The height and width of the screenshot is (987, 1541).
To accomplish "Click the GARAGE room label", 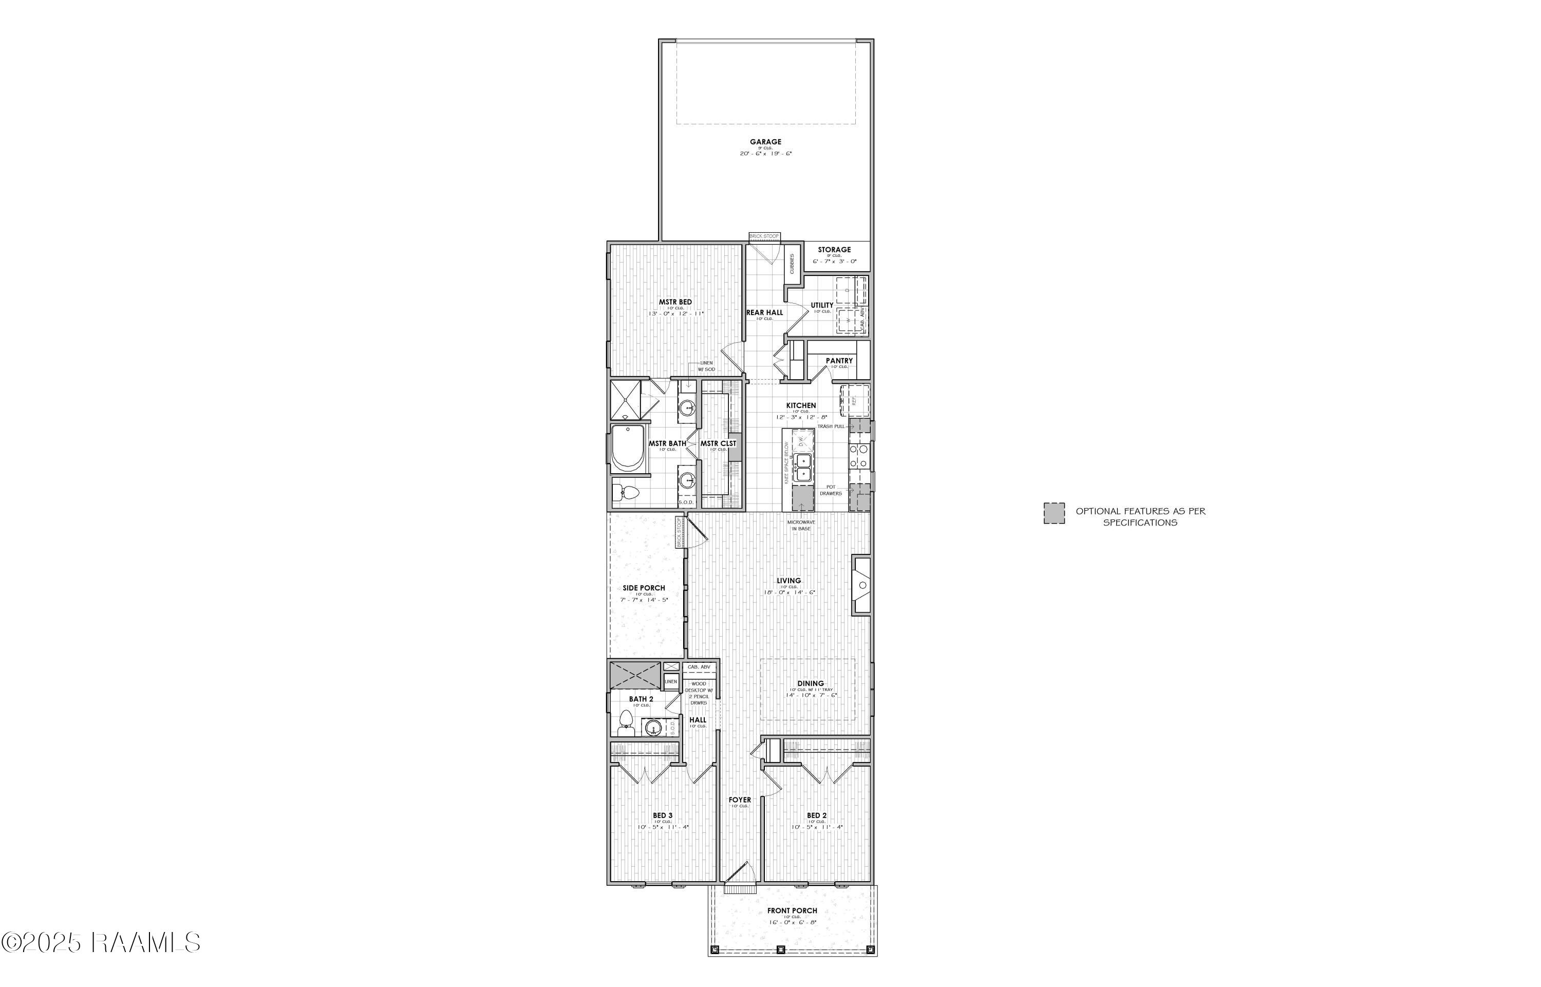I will point(766,142).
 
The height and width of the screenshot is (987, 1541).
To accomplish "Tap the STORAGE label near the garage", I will point(834,250).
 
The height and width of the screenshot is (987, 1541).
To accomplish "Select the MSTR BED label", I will point(675,303).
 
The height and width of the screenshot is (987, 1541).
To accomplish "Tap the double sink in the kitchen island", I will point(802,467).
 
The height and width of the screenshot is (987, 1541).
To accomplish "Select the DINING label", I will point(811,683).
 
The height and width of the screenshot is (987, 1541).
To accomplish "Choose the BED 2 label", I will point(816,816).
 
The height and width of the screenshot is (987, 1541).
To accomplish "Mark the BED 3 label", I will point(663,816).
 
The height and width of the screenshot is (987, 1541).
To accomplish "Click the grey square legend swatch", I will point(1054,513).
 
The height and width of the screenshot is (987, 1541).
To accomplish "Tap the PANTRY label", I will point(839,361).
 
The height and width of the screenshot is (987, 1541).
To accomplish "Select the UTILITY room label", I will point(822,305).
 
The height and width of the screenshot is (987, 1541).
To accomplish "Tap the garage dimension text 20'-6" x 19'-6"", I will point(766,154).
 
